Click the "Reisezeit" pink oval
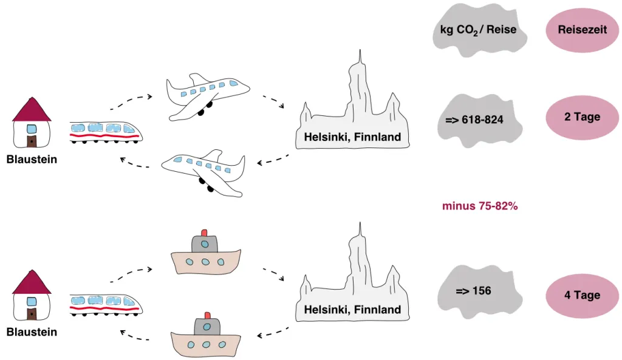coord(582,30)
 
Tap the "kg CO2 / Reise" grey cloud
coord(477,30)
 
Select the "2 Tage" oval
coord(582,117)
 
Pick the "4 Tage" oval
coord(582,296)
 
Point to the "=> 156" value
coord(473,291)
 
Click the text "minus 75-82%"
coord(480,206)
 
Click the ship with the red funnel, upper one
coord(207,257)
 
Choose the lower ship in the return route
coord(207,340)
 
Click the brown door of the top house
coord(31,141)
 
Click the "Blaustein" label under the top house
coord(32,160)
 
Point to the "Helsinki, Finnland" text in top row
coord(352,137)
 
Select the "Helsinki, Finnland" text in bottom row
coord(352,310)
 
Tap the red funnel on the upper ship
coord(204,233)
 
